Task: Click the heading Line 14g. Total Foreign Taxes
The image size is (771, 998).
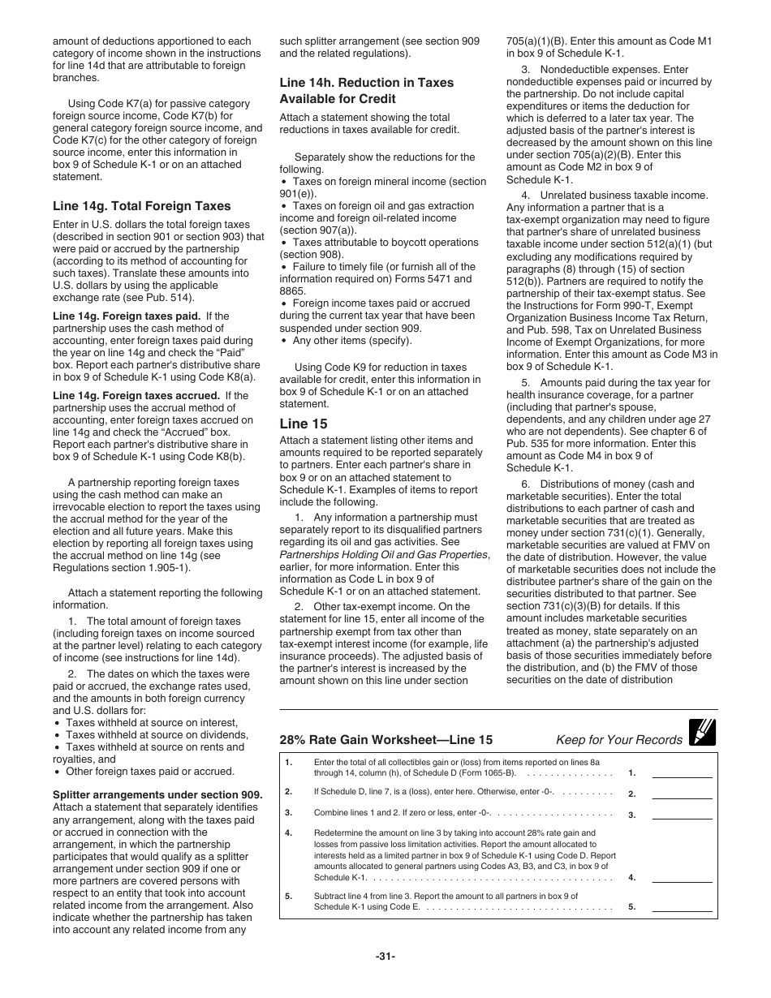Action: tap(141, 206)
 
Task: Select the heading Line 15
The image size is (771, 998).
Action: tap(305, 424)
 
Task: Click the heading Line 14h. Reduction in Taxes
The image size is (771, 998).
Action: tap(366, 83)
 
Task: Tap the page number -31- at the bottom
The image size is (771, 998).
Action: tap(385, 957)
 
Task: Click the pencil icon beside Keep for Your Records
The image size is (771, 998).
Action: tap(701, 733)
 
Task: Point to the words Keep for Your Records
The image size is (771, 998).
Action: tap(618, 740)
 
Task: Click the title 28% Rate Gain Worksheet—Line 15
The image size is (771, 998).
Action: tap(385, 740)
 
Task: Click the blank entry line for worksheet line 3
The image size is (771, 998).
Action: tap(682, 815)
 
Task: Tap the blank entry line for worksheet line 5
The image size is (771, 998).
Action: tap(682, 907)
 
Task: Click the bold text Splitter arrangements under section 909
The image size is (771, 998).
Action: tap(157, 795)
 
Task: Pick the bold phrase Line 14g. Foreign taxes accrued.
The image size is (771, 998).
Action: tap(136, 396)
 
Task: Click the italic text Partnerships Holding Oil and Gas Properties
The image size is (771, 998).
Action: tap(384, 554)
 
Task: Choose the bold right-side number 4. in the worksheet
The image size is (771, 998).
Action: tap(631, 877)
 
